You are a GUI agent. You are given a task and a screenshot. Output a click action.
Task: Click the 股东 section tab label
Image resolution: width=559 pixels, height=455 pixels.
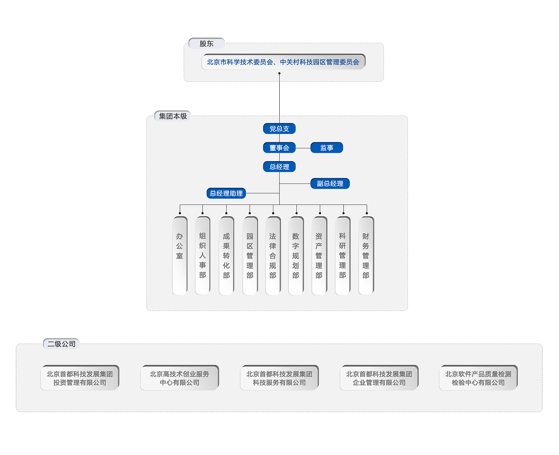pyautogui.click(x=206, y=44)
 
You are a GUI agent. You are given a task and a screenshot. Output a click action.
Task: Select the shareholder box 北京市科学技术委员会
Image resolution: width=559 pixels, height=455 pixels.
pyautogui.click(x=283, y=62)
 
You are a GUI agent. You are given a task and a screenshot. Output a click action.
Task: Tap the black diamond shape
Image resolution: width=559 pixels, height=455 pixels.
pyautogui.click(x=279, y=99)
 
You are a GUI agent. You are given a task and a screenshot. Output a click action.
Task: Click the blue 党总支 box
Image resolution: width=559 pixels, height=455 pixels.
pyautogui.click(x=279, y=129)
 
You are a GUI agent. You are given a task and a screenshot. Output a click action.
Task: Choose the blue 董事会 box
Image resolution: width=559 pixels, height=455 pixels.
pyautogui.click(x=279, y=148)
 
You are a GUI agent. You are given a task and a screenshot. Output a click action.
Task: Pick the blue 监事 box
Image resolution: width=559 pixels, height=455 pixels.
pyautogui.click(x=327, y=148)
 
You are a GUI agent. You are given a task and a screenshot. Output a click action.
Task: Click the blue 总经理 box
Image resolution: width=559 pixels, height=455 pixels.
pyautogui.click(x=279, y=167)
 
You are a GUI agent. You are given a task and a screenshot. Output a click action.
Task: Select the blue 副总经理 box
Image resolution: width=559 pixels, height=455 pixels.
pyautogui.click(x=330, y=184)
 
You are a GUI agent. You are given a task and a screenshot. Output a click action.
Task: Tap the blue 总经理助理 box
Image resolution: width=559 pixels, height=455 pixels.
pyautogui.click(x=226, y=193)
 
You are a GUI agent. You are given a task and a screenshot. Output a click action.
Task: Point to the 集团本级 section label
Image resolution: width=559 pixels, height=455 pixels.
pyautogui.click(x=173, y=116)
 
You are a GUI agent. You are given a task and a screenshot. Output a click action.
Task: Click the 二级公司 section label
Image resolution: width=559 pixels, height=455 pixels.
pyautogui.click(x=61, y=344)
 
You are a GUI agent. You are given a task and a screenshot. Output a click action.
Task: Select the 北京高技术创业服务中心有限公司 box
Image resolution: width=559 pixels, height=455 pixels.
pyautogui.click(x=179, y=378)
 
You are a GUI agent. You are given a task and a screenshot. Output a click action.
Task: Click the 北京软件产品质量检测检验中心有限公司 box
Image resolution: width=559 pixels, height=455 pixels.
pyautogui.click(x=478, y=378)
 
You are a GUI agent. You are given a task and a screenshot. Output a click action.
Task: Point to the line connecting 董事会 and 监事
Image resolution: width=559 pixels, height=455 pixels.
pyautogui.click(x=303, y=148)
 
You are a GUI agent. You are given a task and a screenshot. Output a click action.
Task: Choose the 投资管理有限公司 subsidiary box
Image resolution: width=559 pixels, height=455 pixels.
pyautogui.click(x=80, y=378)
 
